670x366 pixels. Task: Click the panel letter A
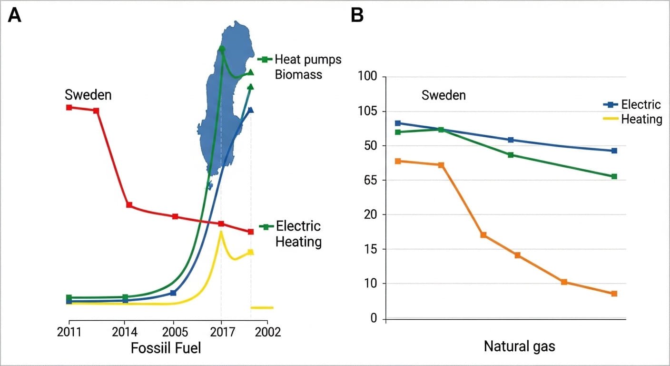pos(15,16)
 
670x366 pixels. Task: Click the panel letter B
pos(357,16)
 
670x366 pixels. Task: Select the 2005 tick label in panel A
pos(173,332)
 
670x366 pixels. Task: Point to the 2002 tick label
pos(267,332)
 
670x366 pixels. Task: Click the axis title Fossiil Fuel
pos(166,348)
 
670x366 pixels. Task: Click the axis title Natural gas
pos(519,346)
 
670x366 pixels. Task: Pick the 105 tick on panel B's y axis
pos(367,112)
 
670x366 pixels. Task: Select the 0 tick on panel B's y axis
pos(374,318)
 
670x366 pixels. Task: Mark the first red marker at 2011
pos(69,107)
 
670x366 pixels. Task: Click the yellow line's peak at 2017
pos(221,232)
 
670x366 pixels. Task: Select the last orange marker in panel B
pos(614,294)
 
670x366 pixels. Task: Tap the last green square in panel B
pos(614,176)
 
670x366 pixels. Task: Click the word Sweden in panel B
pos(443,95)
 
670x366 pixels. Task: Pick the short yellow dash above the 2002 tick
pos(262,308)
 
